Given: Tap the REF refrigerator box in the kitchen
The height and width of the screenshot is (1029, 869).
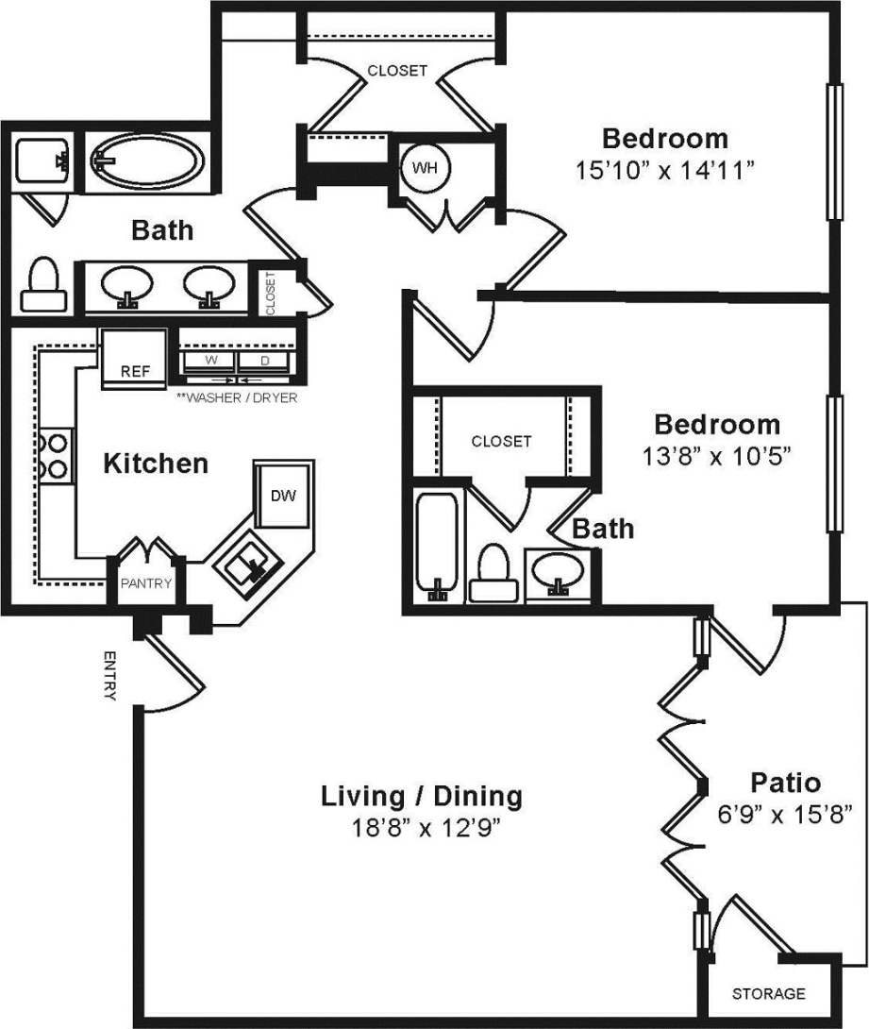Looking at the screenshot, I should [x=133, y=360].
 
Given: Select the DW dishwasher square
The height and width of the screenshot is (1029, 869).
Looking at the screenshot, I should [x=281, y=495].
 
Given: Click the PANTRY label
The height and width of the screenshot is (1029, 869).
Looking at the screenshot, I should [x=145, y=583].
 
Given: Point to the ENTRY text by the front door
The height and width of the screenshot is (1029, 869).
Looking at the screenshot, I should [x=109, y=676].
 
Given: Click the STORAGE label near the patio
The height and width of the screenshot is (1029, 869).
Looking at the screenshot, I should [x=769, y=993].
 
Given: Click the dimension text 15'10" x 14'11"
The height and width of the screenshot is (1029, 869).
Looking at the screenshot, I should [x=666, y=171].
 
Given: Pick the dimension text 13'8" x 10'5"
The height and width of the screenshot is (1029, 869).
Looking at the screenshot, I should [x=717, y=455].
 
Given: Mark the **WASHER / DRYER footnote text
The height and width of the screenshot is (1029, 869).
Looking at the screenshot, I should [x=237, y=397].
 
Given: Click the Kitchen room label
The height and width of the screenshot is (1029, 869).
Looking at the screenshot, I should [x=155, y=464].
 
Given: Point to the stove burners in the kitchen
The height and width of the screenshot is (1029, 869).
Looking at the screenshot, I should [x=54, y=454].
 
